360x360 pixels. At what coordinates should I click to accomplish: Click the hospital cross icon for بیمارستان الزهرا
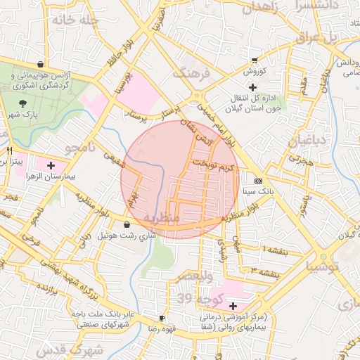[51, 165]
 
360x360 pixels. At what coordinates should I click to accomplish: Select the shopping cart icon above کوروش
[254, 61]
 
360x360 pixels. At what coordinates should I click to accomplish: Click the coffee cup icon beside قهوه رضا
[162, 318]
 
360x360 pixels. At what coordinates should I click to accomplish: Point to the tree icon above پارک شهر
[23, 103]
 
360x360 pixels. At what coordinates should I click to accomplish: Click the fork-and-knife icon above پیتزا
[9, 150]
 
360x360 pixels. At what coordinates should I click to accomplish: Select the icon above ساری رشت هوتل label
[127, 225]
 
